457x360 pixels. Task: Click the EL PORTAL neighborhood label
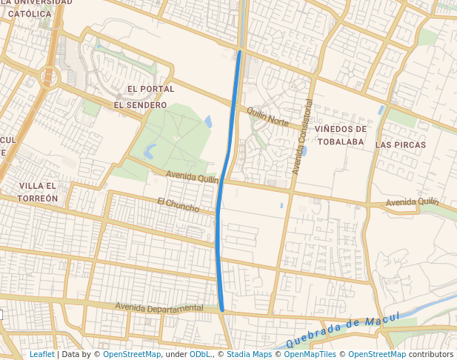(x=151, y=89)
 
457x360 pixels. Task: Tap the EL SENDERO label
(x=140, y=105)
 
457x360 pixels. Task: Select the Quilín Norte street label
(x=267, y=116)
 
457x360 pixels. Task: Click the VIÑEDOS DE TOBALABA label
(x=340, y=135)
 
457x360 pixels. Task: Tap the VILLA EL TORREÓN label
(x=39, y=192)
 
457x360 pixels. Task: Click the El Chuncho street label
(x=179, y=204)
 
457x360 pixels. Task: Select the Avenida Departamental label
(x=159, y=307)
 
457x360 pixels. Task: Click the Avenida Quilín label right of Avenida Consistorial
(x=412, y=202)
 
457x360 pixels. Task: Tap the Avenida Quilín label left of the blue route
(x=193, y=178)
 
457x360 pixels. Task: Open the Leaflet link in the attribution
(x=41, y=354)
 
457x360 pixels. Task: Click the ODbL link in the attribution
(x=200, y=354)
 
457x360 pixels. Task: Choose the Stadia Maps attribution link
(x=249, y=354)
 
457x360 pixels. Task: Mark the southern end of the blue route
(x=221, y=309)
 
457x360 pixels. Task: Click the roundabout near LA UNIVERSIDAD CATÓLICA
(x=50, y=75)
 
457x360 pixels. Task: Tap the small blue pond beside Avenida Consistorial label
(x=304, y=151)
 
